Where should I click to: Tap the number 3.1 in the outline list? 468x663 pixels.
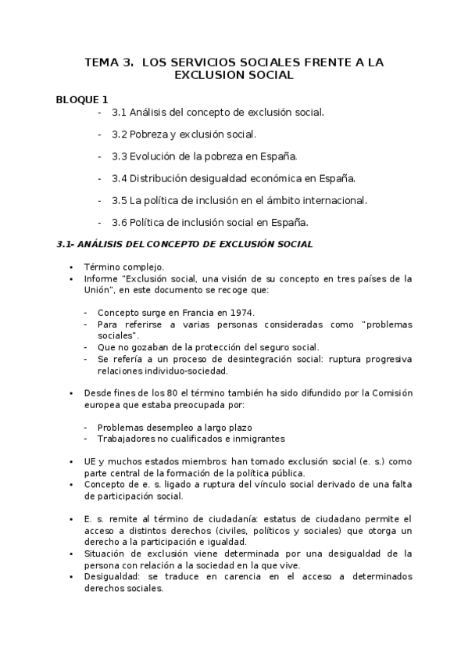pos(120,113)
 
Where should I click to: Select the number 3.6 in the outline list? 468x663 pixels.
pos(120,222)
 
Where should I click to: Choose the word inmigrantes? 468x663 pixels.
pos(259,439)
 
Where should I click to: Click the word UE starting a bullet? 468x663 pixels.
pos(90,461)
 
